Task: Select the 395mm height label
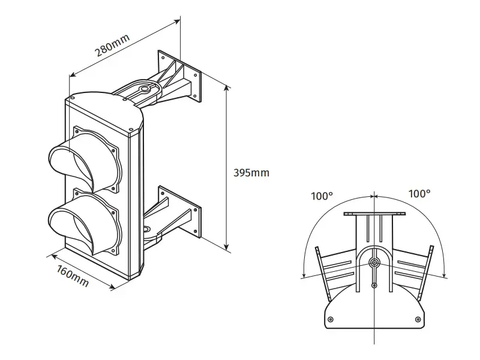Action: pyautogui.click(x=251, y=173)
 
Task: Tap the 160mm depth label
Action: pyautogui.click(x=72, y=274)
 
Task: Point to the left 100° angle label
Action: pyautogui.click(x=322, y=195)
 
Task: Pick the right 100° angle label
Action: pyautogui.click(x=419, y=194)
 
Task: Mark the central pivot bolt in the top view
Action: pyautogui.click(x=374, y=263)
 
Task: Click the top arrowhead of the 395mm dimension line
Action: pyautogui.click(x=226, y=88)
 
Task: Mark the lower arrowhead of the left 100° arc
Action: pyautogui.click(x=303, y=275)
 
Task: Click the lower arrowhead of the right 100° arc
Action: pyautogui.click(x=445, y=275)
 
